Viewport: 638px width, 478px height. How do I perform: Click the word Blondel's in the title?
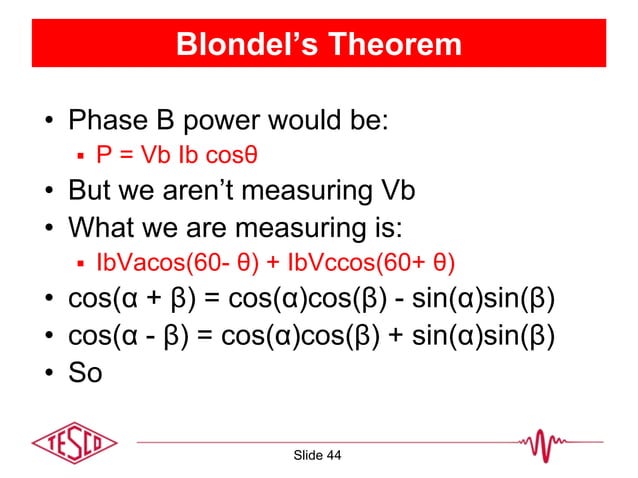pyautogui.click(x=239, y=45)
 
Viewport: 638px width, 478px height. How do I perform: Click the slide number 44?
pyautogui.click(x=332, y=456)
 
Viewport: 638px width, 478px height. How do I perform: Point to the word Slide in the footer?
pyautogui.click(x=305, y=456)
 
